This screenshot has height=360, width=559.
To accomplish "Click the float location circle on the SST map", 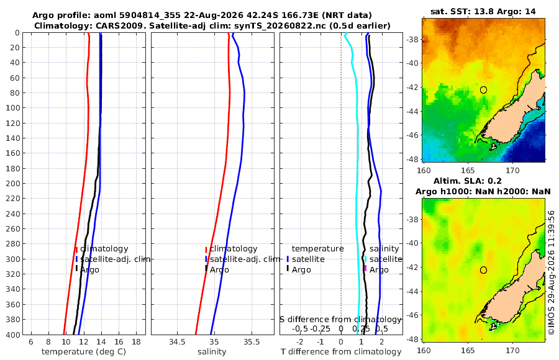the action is (483, 90).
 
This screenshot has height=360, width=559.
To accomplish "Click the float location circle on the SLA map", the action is (483, 270).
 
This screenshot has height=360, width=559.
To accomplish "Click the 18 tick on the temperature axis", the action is (136, 342).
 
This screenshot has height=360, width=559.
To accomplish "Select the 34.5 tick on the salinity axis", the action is (177, 342).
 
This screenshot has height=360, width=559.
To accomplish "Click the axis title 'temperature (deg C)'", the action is (84, 352).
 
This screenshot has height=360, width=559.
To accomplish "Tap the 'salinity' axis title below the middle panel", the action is (212, 352).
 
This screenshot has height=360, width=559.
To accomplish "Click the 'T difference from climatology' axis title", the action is (341, 352).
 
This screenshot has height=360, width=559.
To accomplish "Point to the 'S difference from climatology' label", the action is (340, 320).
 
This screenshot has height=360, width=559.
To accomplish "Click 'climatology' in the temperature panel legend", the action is (104, 249).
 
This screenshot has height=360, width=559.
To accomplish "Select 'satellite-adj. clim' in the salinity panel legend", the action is (245, 259).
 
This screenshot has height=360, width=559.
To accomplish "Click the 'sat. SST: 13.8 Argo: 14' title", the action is (483, 11).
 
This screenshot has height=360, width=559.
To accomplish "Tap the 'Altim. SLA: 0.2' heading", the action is (467, 181).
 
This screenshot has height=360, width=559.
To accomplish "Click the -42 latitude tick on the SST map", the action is (413, 88).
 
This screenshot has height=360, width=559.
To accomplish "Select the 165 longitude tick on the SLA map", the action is (468, 350).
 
